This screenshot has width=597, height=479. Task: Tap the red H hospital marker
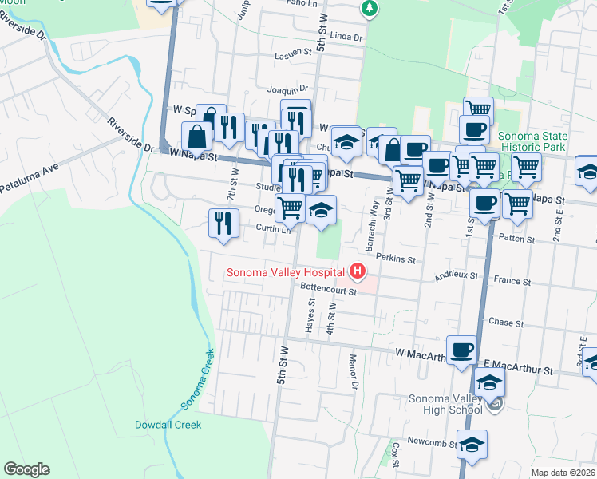pyautogui.click(x=358, y=272)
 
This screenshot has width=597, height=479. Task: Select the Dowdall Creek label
pyautogui.click(x=168, y=425)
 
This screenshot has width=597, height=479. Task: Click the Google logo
pyautogui.click(x=26, y=469)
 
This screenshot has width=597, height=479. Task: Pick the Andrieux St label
pyautogui.click(x=456, y=276)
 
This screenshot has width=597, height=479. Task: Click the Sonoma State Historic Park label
pyautogui.click(x=532, y=142)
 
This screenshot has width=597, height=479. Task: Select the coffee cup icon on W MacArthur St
pyautogui.click(x=462, y=350)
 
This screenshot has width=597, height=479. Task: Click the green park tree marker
pyautogui.click(x=368, y=8)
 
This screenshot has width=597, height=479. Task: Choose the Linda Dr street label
pyautogui.click(x=346, y=37)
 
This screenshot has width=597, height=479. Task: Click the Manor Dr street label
pyautogui.click(x=352, y=370)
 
